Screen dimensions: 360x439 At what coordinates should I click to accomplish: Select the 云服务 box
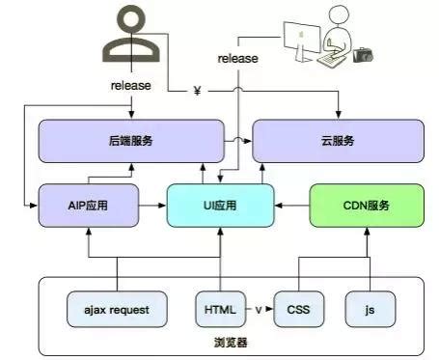[338, 141]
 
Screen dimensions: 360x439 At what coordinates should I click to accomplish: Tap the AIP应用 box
[88, 205]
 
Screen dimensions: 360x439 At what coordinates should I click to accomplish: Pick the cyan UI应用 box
[221, 205]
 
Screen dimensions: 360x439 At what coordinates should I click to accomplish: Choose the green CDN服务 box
[367, 205]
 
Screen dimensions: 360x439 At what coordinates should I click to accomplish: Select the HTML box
[219, 310]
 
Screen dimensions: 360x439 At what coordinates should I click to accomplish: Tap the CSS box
[299, 310]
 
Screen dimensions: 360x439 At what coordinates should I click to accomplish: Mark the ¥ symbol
[197, 91]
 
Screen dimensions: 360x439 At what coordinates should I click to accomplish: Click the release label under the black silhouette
[131, 85]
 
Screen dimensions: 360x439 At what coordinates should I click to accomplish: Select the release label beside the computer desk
[237, 59]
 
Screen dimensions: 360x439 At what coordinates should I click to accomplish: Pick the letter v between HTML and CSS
[259, 310]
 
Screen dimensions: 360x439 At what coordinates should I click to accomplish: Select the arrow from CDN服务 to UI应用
[292, 205]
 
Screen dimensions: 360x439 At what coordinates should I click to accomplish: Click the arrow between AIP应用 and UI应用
[152, 205]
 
